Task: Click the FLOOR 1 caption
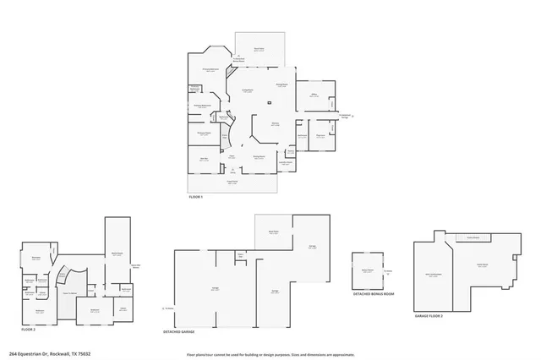195,196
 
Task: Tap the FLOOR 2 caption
27,328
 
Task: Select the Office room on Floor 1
314,96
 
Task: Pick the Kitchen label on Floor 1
276,124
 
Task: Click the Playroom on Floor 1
321,135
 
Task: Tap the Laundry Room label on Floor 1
287,161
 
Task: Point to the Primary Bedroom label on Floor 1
211,70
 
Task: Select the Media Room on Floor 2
117,253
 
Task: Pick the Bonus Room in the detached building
368,270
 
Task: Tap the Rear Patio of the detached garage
274,232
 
